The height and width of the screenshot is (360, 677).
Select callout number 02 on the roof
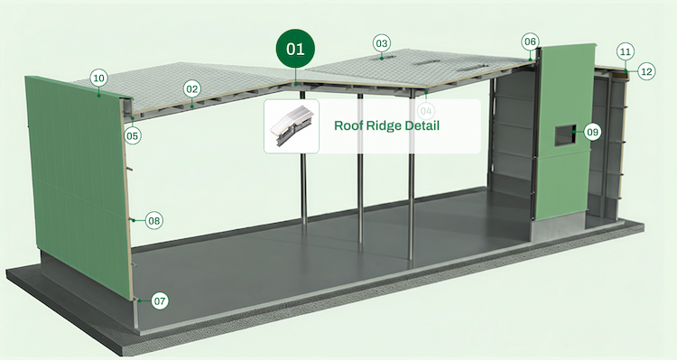(x=191, y=89)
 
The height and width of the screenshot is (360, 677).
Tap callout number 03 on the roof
(x=381, y=43)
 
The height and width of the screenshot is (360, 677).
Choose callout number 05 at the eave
(x=133, y=136)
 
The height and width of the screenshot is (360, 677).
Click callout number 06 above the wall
(x=530, y=42)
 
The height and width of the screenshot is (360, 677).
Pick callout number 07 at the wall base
(x=160, y=300)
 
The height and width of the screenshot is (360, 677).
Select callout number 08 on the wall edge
(x=153, y=220)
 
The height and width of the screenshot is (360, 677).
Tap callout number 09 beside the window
(x=592, y=132)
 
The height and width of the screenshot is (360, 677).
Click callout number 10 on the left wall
(x=99, y=78)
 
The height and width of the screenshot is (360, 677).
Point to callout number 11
(x=626, y=51)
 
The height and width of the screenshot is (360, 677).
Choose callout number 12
(x=645, y=70)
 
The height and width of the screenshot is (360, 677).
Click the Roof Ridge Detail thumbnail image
(x=290, y=126)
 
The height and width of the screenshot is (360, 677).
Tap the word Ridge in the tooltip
(x=387, y=125)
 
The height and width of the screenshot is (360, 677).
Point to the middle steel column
(x=360, y=180)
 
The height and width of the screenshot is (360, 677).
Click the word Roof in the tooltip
(x=349, y=125)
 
